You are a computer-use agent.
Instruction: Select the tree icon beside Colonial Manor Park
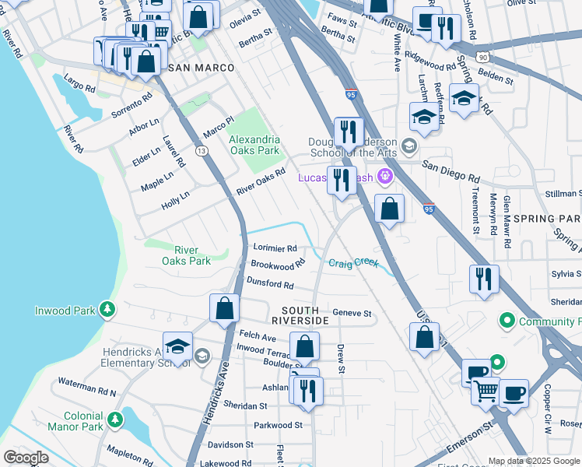(x=115, y=420)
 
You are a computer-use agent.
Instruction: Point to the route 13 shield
(x=202, y=151)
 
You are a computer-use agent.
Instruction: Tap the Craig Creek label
(x=352, y=263)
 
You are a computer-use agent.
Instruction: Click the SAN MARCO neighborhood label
(x=202, y=68)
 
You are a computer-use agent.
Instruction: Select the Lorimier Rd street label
(x=275, y=248)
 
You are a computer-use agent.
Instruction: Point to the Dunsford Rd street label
(x=270, y=284)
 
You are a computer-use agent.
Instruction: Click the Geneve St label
(x=352, y=314)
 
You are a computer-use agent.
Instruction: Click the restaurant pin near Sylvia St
(x=485, y=279)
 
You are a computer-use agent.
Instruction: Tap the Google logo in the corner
(x=26, y=457)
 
